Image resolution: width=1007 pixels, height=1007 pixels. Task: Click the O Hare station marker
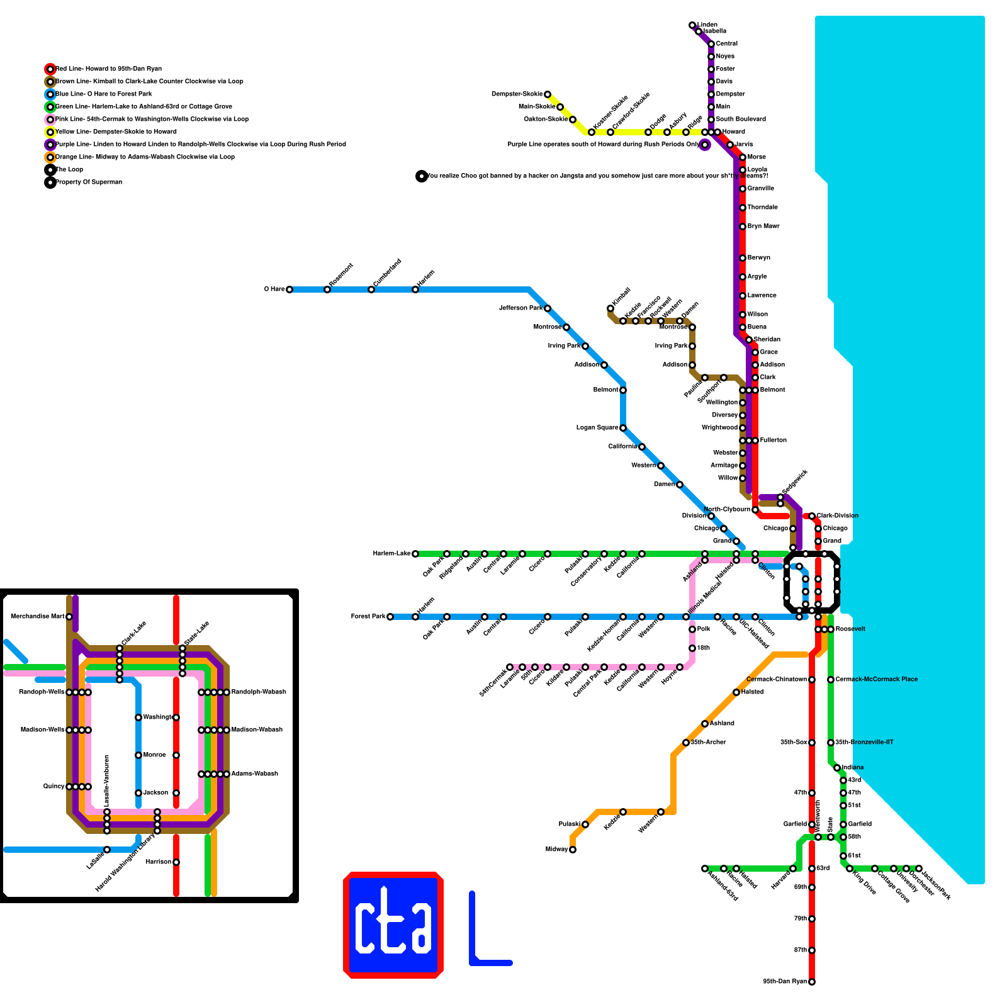coord(290,290)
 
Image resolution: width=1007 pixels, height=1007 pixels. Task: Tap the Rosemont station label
coord(341,275)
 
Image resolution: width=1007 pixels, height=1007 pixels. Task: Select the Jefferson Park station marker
coord(548,308)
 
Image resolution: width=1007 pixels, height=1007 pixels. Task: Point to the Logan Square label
coord(597,428)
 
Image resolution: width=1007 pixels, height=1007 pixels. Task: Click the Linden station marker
coord(692,25)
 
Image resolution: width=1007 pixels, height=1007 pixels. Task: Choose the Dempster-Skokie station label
coord(517,94)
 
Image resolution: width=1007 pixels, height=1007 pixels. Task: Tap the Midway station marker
coord(573,850)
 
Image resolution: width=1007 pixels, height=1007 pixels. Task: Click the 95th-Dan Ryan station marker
coord(812,982)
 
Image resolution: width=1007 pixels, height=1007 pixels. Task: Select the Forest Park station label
coord(368,617)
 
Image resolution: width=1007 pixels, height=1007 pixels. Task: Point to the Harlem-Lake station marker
coord(415,554)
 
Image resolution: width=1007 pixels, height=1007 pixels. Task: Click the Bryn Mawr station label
coord(763,227)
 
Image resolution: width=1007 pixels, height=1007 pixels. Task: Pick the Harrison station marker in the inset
coord(176,862)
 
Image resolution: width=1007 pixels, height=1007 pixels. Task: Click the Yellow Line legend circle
coord(50,132)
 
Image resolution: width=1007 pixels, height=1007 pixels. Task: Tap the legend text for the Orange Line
coord(145,157)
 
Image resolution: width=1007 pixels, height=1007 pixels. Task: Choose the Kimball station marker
coord(610,308)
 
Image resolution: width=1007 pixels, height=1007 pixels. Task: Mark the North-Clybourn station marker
coord(755,510)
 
